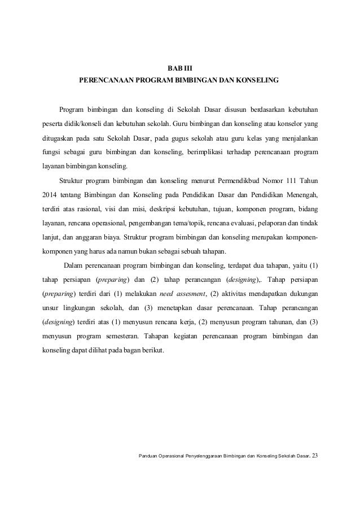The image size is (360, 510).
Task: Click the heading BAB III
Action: coord(179,68)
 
